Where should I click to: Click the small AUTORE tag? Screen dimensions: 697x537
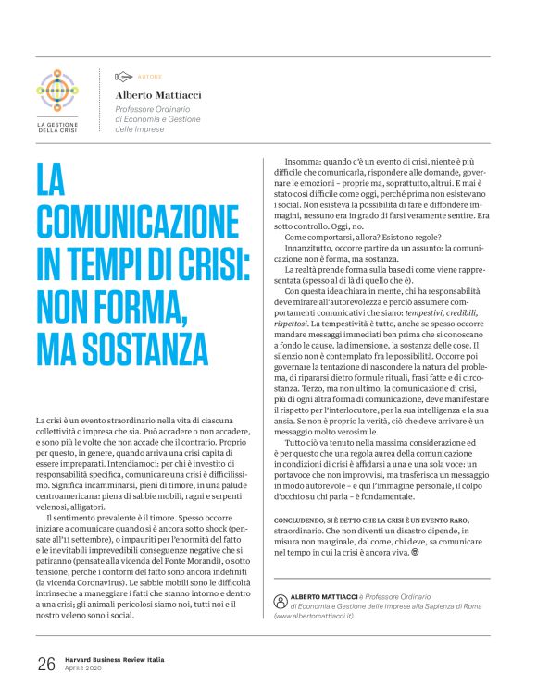pos(148,77)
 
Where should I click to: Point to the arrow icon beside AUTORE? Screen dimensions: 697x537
pos(123,77)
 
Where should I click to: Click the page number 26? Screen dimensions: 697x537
pos(45,663)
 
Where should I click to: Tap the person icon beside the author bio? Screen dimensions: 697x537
pos(281,600)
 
